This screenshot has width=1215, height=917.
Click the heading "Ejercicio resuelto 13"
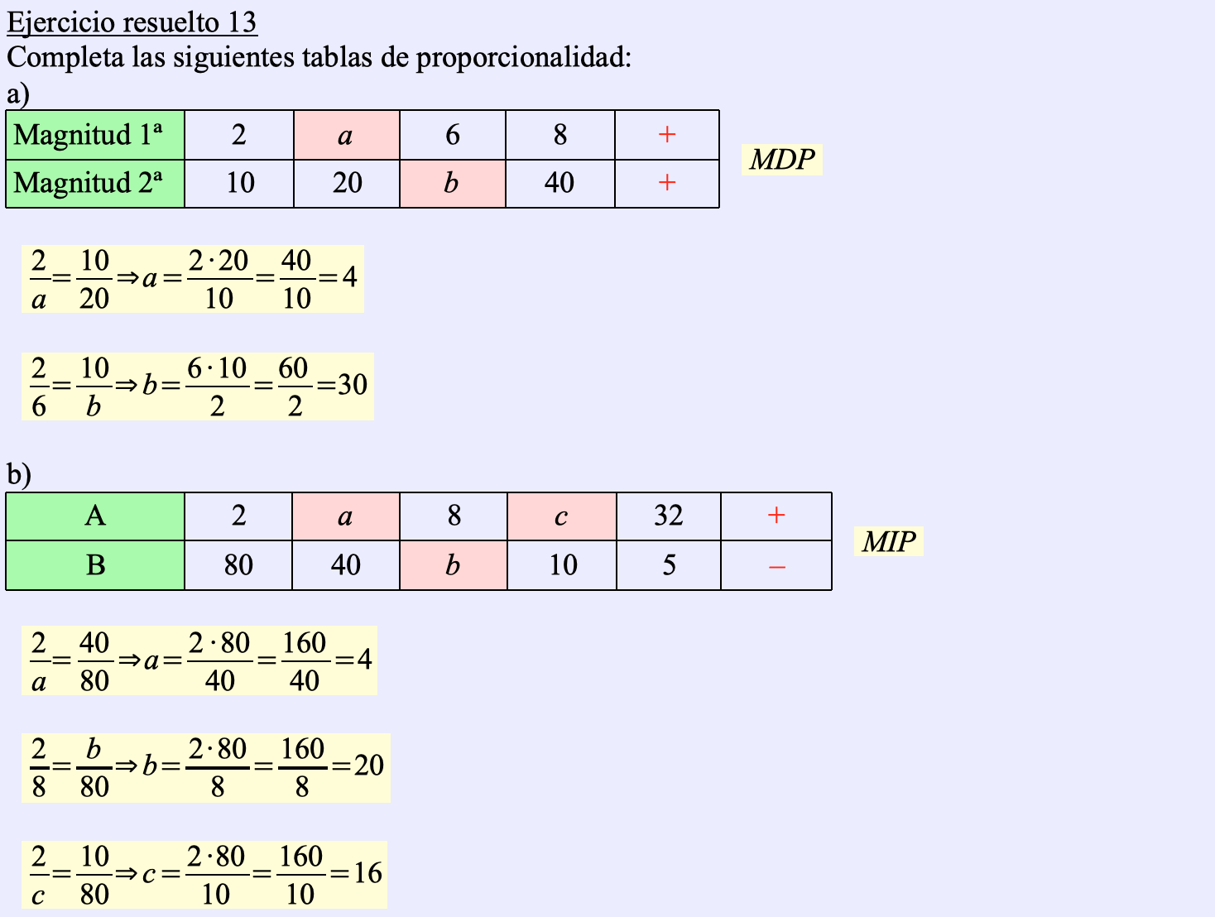coord(132,22)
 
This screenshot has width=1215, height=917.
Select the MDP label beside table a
coord(781,159)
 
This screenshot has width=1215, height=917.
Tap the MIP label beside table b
coord(888,542)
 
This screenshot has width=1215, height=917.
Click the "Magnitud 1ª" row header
coord(94,135)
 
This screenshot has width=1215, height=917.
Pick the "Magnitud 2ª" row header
coord(94,183)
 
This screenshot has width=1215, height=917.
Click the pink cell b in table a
coord(452,183)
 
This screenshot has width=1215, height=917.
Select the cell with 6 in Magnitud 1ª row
coord(452,135)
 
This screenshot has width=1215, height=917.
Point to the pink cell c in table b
coord(561,516)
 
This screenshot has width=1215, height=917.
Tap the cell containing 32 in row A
coord(668,516)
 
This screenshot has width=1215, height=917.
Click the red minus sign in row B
coord(776,566)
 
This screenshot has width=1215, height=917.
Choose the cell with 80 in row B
coord(238,566)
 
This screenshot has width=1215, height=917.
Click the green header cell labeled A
coord(94,516)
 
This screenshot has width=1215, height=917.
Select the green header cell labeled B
coord(94,566)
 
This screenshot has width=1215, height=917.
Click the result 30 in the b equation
coord(353,385)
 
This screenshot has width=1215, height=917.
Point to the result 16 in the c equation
coord(367,873)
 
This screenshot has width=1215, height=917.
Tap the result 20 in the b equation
coord(369,766)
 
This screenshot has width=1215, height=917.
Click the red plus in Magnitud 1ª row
coord(667,135)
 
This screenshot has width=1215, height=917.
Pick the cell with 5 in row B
coord(669,566)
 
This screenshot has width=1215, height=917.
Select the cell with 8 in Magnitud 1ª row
coord(560,135)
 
